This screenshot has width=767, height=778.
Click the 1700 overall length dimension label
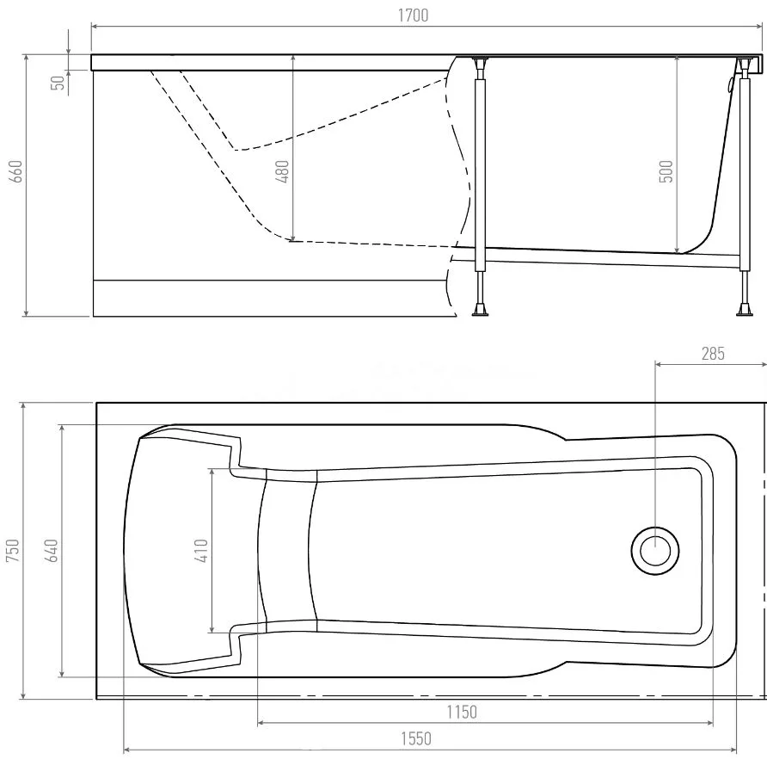[x=413, y=15]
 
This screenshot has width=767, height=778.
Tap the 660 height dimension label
[x=16, y=171]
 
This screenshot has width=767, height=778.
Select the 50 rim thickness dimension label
[x=58, y=83]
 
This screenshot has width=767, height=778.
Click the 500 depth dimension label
[x=666, y=171]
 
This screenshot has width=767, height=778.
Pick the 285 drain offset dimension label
[x=713, y=354]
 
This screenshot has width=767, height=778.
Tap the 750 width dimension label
[x=12, y=550]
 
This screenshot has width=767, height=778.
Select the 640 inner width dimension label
[x=51, y=550]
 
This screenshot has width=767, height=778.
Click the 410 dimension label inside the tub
[x=201, y=550]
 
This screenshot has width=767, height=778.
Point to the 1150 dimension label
[x=462, y=712]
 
